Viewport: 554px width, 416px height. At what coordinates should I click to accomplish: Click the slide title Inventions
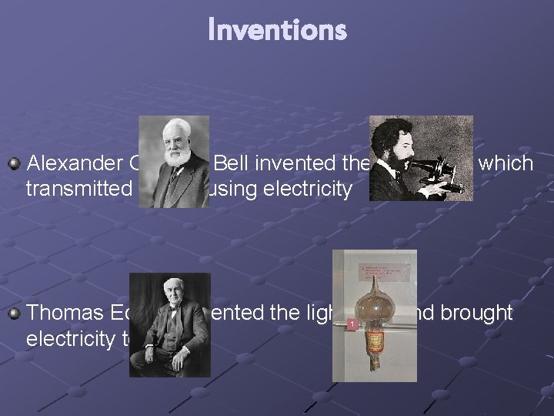point(277,31)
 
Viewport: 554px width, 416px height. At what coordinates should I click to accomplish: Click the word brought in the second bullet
point(481,314)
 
